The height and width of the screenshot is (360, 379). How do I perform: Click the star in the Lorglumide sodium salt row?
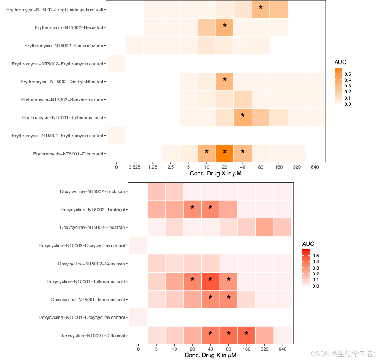[x=261, y=8]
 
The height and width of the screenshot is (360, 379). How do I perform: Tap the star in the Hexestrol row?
[x=225, y=26]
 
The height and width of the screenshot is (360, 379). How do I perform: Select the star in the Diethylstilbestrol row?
[x=225, y=80]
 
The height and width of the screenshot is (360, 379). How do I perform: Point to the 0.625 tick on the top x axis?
[x=135, y=167]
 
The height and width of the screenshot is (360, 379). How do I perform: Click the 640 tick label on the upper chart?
[x=314, y=167]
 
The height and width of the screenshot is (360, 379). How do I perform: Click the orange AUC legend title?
[x=341, y=62]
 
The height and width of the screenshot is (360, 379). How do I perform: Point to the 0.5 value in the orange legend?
[x=348, y=74]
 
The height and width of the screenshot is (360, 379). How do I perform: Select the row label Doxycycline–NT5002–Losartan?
[x=93, y=227]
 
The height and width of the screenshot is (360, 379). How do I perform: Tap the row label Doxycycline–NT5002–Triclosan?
[x=93, y=191]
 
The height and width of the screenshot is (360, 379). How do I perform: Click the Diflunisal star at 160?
[x=247, y=334]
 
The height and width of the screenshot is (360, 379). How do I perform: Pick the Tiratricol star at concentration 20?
[x=192, y=208]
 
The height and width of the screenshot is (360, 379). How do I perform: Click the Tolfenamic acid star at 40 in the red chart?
[x=210, y=280]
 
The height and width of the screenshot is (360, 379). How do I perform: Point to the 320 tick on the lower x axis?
[x=264, y=349]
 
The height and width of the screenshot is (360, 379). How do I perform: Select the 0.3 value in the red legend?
[x=316, y=268]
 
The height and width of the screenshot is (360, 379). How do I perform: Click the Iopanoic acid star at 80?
[x=228, y=298]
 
